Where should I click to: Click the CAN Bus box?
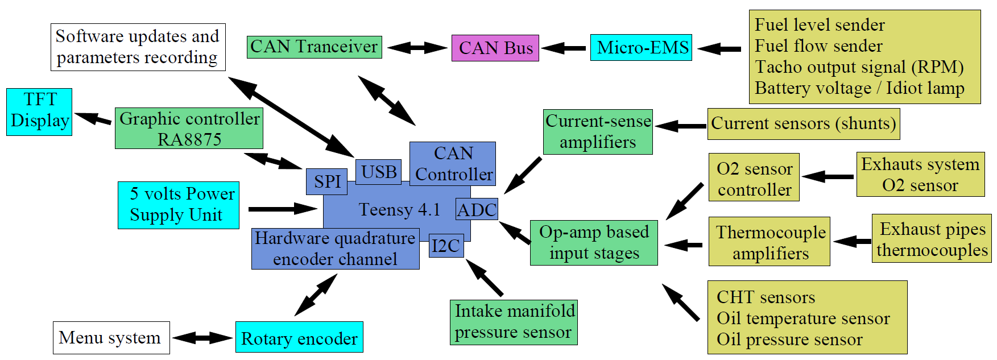495,48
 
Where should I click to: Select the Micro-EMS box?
641,47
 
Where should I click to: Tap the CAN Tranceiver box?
314,47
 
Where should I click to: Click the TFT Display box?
39,111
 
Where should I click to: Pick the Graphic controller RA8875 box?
189,129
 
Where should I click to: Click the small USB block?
379,171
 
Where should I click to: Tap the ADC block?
477,210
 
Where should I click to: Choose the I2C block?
446,246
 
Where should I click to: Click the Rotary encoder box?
299,337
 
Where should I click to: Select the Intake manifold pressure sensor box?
514,322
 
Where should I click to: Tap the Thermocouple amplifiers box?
769,242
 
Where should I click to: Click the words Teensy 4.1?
400,210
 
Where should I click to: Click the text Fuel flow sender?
818,46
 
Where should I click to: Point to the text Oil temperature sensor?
802,318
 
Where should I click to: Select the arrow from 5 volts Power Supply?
282,209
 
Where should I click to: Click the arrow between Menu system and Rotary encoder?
202,338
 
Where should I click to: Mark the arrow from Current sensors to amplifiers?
680,126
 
